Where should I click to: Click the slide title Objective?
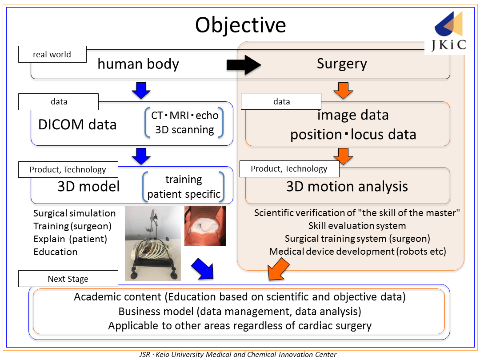click(x=240, y=25)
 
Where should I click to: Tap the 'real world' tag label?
click(x=52, y=55)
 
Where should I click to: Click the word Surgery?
click(x=342, y=64)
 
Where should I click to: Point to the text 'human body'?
click(x=138, y=64)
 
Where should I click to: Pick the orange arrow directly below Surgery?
click(x=343, y=90)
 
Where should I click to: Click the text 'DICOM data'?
click(x=77, y=124)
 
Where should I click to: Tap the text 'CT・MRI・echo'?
click(x=184, y=116)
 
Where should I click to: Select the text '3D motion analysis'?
click(x=347, y=186)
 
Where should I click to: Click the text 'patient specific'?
click(x=184, y=194)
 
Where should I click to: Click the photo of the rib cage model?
click(x=152, y=243)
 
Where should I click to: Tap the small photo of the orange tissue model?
click(x=205, y=225)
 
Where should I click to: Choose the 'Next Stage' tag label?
click(x=68, y=279)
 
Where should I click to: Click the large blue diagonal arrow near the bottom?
click(x=202, y=269)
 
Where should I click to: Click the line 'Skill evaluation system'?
click(x=357, y=226)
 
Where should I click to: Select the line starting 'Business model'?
click(x=240, y=311)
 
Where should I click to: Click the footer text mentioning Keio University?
click(x=238, y=355)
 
